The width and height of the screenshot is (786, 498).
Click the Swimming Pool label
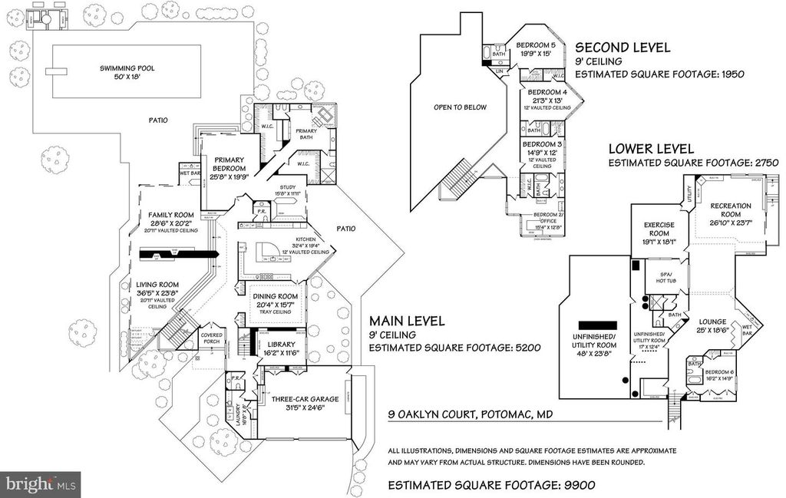[x=127, y=68]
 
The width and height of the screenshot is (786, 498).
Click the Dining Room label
[x=275, y=295]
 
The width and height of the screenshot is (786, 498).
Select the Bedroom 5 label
[x=537, y=45]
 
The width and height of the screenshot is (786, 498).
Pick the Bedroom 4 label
[x=544, y=92]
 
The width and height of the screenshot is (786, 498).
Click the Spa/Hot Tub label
[x=665, y=277]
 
